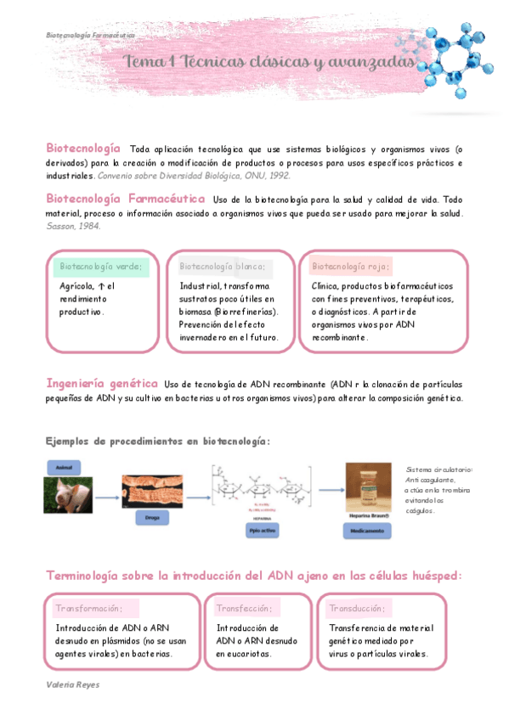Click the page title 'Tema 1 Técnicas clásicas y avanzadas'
pyautogui.click(x=271, y=64)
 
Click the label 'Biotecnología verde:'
pyautogui.click(x=101, y=267)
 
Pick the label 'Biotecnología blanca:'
pyautogui.click(x=223, y=267)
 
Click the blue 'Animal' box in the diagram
pyautogui.click(x=63, y=468)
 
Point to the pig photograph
pyautogui.click(x=68, y=495)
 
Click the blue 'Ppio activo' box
pyautogui.click(x=261, y=530)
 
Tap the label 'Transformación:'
pyautogui.click(x=89, y=608)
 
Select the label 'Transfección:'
pyautogui.click(x=245, y=608)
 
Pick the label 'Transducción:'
pyautogui.click(x=357, y=608)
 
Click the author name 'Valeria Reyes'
pyautogui.click(x=72, y=683)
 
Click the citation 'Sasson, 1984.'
pyautogui.click(x=73, y=226)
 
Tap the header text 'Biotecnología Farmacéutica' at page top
pyautogui.click(x=90, y=36)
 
